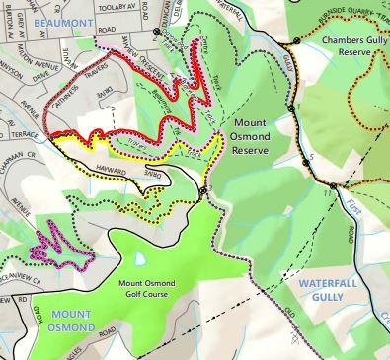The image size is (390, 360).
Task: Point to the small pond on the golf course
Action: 139,258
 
